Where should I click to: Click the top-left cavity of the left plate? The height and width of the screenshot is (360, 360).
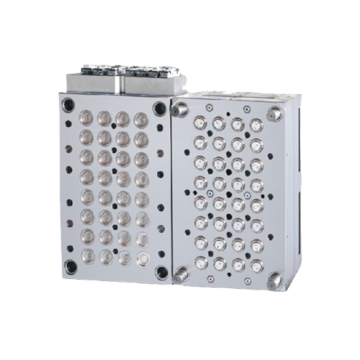pyautogui.click(x=86, y=118)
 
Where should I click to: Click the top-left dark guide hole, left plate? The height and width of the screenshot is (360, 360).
pyautogui.click(x=68, y=103)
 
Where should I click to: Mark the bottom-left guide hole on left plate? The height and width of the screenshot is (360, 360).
pyautogui.click(x=70, y=267)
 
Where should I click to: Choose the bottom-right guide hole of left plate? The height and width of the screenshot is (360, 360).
pyautogui.click(x=162, y=271)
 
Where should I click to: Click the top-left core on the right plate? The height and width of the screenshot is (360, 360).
pyautogui.click(x=200, y=123)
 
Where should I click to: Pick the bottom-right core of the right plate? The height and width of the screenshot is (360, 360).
pyautogui.click(x=257, y=266)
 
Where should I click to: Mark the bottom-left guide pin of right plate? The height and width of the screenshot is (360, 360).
pyautogui.click(x=181, y=273)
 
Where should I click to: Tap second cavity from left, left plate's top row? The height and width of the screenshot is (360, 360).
pyautogui.click(x=104, y=118)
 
